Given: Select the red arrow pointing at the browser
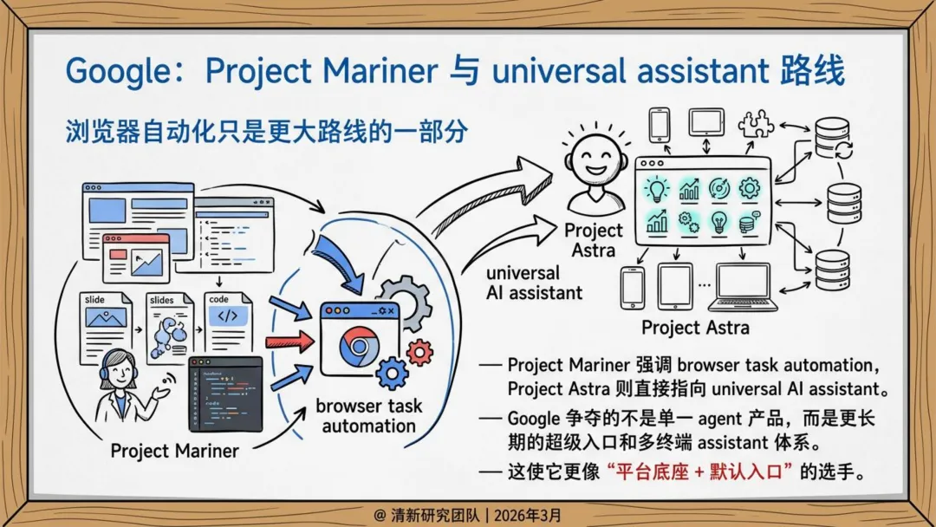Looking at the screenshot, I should click(x=289, y=340).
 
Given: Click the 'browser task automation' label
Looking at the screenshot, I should click(x=368, y=415).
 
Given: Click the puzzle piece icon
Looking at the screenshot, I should click(x=756, y=124).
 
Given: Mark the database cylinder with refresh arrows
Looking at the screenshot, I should click(x=833, y=140).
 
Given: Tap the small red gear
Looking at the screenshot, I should click(x=419, y=351).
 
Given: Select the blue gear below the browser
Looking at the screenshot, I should click(x=393, y=374).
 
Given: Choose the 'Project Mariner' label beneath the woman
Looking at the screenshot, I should click(x=175, y=451).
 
